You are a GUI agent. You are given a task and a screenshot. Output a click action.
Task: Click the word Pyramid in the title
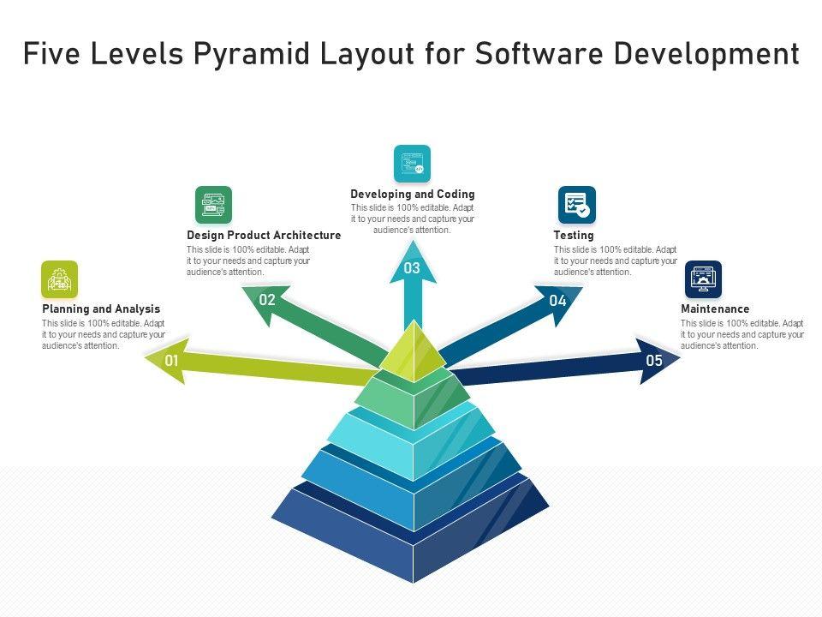[259, 54]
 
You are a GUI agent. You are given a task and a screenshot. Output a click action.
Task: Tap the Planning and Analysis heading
[101, 308]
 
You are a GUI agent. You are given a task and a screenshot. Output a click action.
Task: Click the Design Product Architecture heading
[264, 235]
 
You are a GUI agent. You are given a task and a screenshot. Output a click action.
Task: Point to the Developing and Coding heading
[412, 195]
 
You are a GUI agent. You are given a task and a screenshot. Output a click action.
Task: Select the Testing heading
[574, 235]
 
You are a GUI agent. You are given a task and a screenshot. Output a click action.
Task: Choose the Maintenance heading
[715, 308]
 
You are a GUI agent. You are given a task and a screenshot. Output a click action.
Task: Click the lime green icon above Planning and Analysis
[59, 279]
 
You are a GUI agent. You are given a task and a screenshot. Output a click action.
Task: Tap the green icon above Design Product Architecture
[213, 205]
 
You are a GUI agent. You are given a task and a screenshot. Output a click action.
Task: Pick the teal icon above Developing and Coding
[412, 164]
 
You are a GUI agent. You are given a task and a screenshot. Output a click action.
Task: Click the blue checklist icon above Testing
[576, 205]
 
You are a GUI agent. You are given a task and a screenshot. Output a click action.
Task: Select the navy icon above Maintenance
[703, 279]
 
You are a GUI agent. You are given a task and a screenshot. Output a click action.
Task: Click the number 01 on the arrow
[172, 361]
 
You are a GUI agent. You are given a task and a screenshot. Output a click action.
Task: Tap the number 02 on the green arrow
[267, 300]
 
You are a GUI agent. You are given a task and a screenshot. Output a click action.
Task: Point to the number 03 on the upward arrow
[412, 268]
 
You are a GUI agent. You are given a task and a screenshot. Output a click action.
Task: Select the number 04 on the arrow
[558, 301]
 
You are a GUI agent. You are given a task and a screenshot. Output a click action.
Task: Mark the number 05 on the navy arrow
[654, 361]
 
